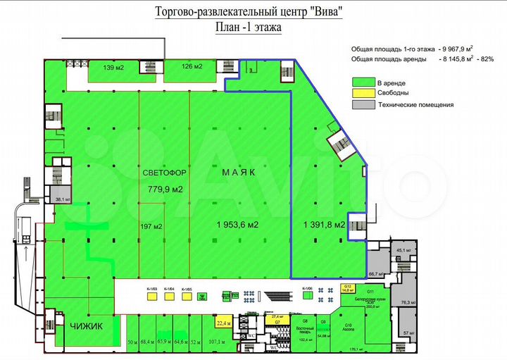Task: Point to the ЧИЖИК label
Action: pos(86,326)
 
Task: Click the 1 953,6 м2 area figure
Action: pos(236,225)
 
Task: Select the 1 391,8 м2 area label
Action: pos(324,225)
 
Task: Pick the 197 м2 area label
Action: pos(152,226)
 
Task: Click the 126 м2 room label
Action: pos(192,67)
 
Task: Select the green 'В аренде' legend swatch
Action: pos(363,82)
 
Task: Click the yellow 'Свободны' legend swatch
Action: pos(363,93)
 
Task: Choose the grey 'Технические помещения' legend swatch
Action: pos(363,104)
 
